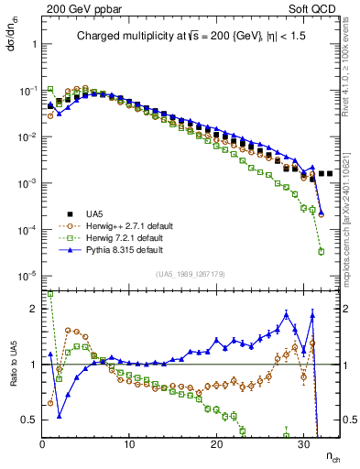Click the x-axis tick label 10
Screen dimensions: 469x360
pyautogui.click(x=130, y=444)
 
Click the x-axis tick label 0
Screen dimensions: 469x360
pyautogui.click(x=42, y=444)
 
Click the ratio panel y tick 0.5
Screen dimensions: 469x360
pyautogui.click(x=30, y=420)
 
